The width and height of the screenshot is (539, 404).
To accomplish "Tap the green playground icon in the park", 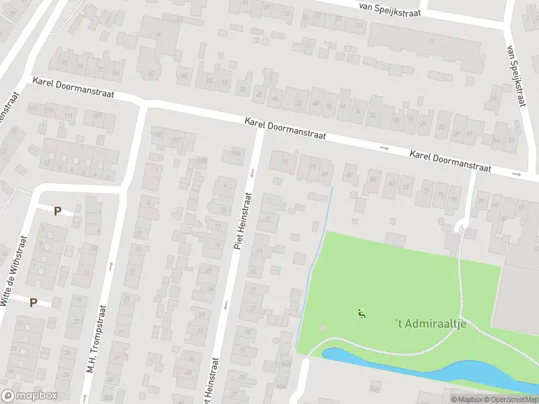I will click(362, 313).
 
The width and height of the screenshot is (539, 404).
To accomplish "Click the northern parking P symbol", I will click(58, 211).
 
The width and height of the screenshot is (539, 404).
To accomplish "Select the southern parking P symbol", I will click(33, 303).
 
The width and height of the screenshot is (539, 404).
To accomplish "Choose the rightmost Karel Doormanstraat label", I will click(450, 161).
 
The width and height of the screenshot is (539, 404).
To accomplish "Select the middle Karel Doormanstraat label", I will click(285, 128).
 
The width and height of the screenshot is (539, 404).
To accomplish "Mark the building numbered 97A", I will click(235, 152).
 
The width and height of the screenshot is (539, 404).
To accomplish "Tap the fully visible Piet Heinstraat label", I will click(243, 221).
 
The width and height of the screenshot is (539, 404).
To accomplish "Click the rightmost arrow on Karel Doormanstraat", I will click(517, 174).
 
